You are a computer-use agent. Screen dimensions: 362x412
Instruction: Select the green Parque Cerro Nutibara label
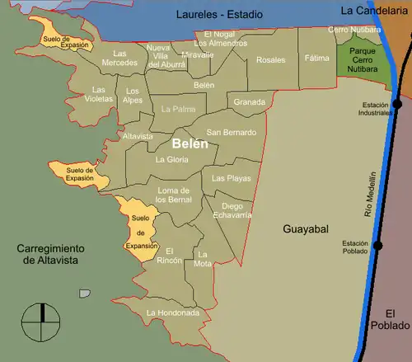pos(363,61)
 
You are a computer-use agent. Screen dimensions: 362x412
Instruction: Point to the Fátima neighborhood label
pos(316,59)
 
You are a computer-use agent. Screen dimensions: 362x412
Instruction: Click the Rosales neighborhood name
pos(271,59)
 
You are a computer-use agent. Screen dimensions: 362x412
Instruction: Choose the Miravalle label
pos(198,54)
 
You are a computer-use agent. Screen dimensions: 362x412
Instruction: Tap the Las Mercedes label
pos(119,58)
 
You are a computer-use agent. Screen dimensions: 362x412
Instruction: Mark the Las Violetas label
pos(100,94)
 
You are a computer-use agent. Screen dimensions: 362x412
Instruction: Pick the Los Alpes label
pos(133,95)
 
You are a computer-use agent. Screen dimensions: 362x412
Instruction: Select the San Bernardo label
pos(231,132)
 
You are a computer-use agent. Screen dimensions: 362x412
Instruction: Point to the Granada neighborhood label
pos(250,102)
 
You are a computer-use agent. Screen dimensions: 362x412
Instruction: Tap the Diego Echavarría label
pos(232,210)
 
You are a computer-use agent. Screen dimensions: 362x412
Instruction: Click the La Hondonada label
pos(172,313)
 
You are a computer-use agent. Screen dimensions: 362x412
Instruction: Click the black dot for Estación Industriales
pos(397,104)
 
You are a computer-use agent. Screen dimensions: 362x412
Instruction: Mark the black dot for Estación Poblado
pos(378,245)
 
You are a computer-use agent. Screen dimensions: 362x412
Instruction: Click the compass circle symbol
pos(39,321)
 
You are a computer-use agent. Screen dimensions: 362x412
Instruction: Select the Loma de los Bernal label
pos(174,195)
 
